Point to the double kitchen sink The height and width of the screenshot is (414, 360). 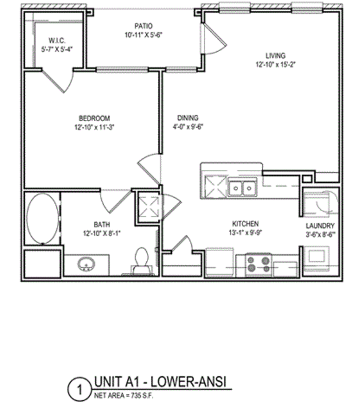241,187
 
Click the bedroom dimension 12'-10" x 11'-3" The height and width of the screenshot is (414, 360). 94,127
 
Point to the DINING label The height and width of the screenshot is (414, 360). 187,117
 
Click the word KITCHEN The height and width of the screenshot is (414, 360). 246,224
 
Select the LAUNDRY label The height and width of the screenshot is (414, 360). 320,225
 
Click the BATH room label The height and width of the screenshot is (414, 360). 102,225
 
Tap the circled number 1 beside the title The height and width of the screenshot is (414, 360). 79,392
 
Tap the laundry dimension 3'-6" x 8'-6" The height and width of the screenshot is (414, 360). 320,234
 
